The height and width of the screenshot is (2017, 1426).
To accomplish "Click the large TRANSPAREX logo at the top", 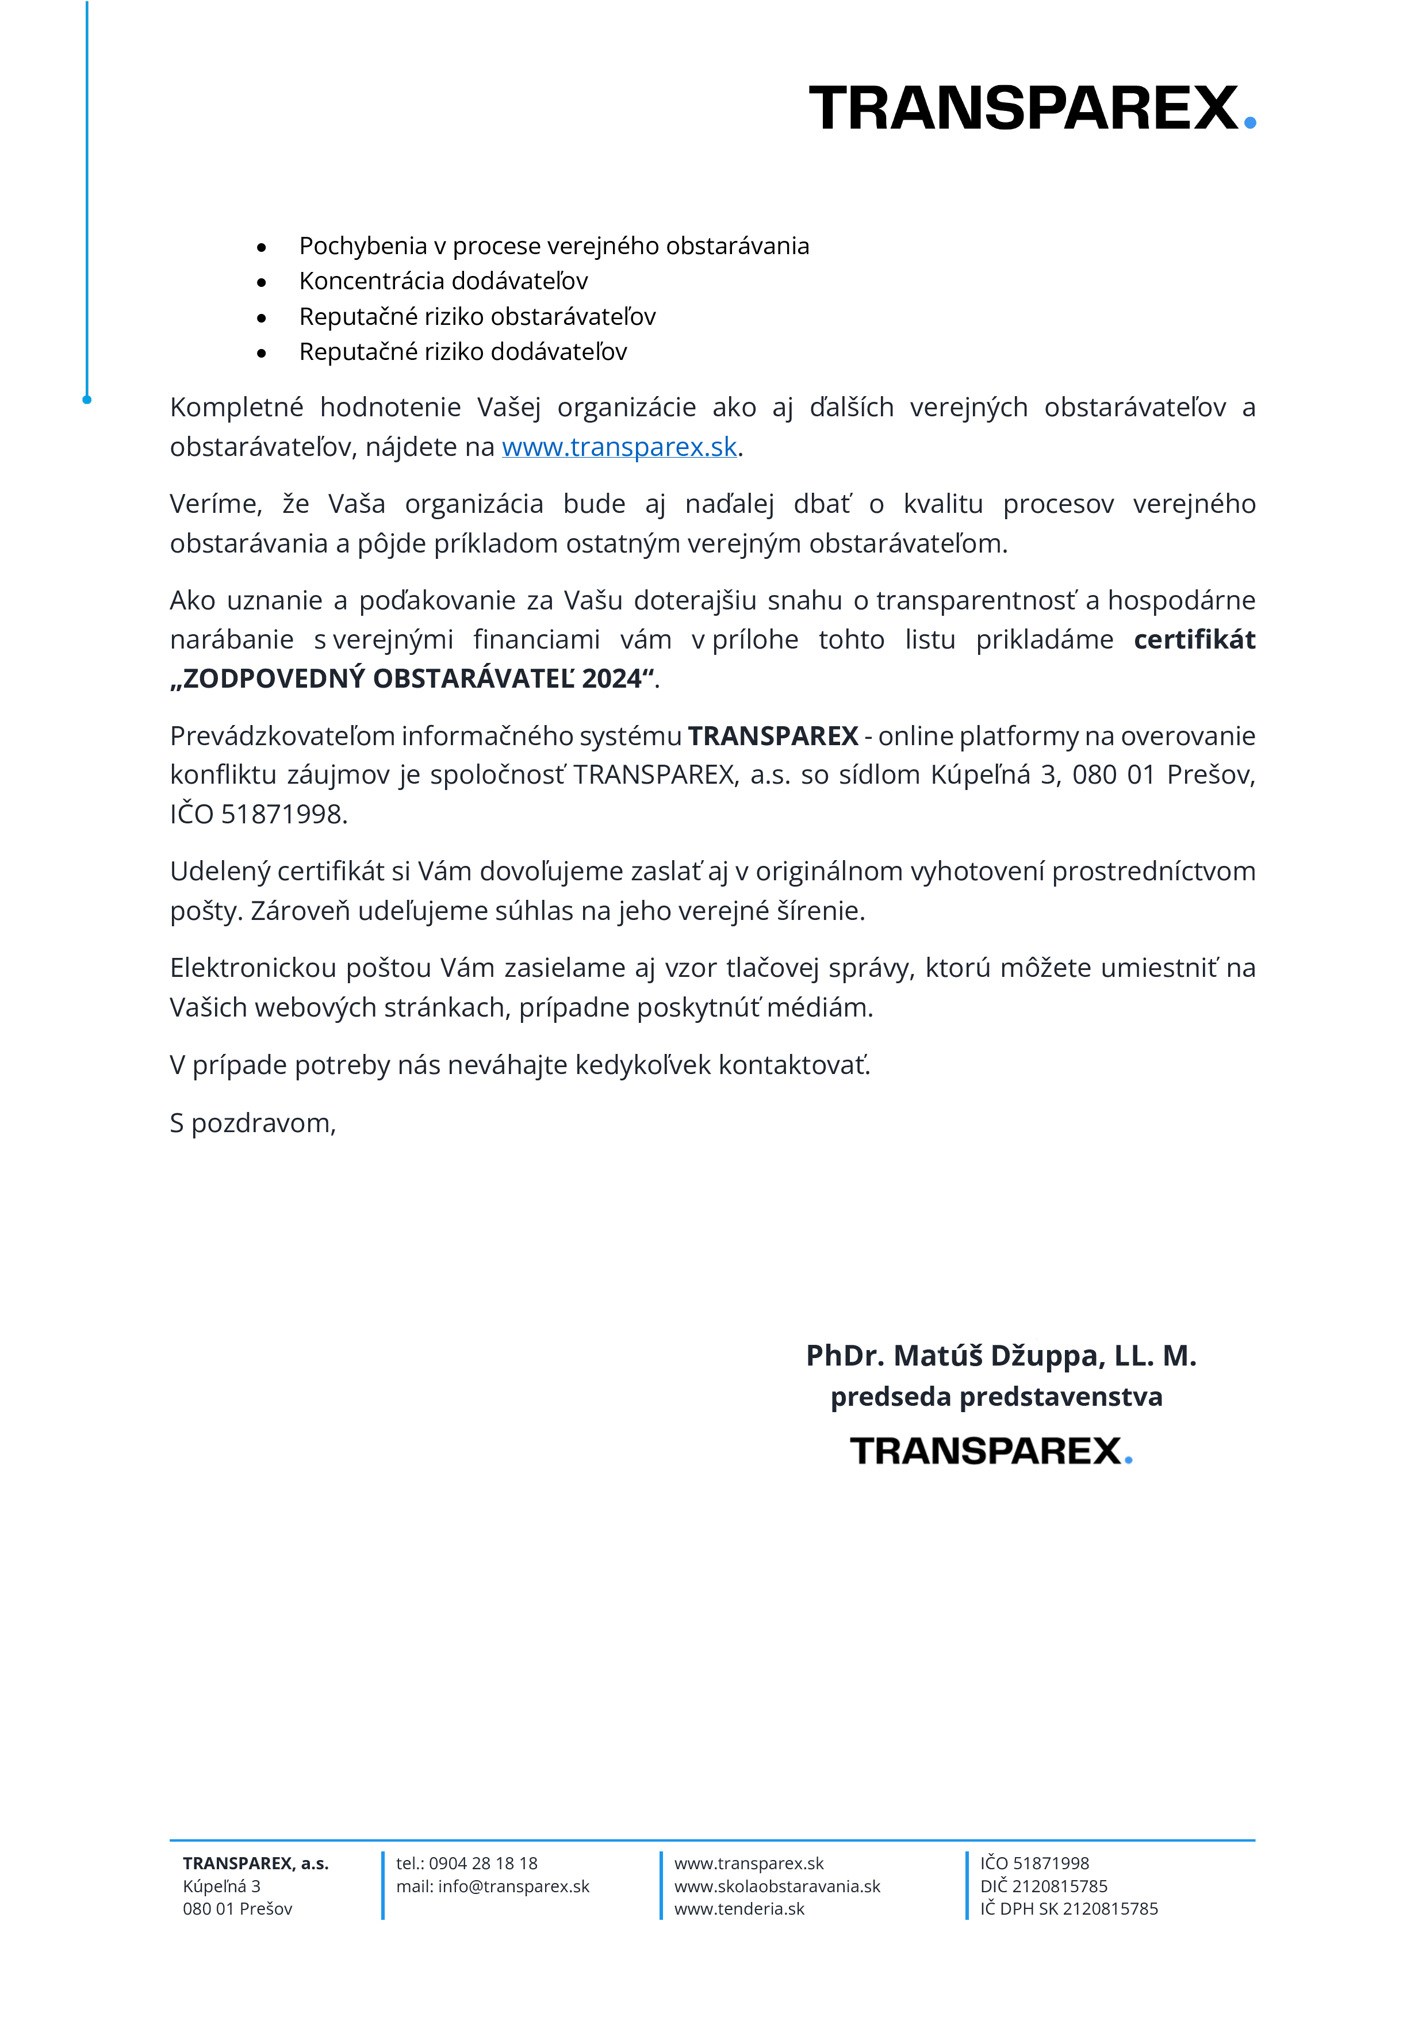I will [x=1032, y=108].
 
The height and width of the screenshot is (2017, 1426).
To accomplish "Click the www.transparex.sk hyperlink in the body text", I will [x=619, y=447].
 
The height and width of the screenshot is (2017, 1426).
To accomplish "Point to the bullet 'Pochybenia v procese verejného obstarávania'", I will [x=554, y=246].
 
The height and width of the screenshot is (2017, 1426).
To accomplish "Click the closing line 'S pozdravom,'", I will [x=253, y=1123].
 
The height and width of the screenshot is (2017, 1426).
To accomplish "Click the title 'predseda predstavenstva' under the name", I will [x=996, y=1396].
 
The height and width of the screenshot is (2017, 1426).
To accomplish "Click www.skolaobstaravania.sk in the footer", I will [x=777, y=1886].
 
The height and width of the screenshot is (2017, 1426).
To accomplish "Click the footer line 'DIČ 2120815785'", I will [x=1043, y=1886].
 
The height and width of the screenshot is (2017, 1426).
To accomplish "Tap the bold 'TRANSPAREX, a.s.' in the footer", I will [x=256, y=1863].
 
